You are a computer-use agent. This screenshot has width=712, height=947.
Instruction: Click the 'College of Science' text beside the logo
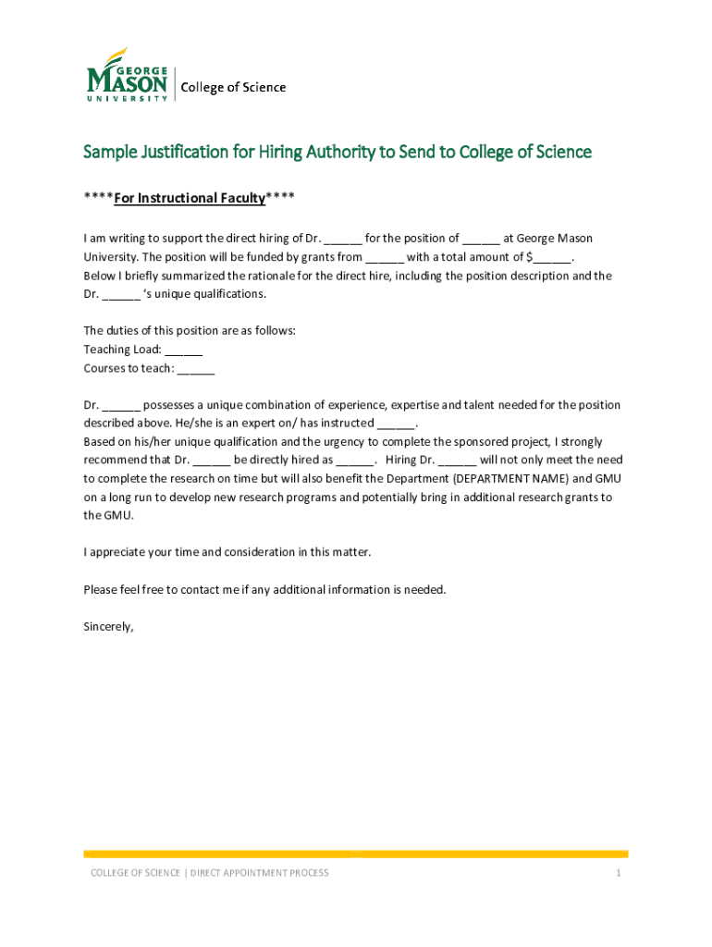tap(233, 88)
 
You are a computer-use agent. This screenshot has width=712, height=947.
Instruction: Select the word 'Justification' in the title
tap(184, 152)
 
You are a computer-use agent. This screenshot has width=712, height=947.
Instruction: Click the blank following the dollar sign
tap(551, 258)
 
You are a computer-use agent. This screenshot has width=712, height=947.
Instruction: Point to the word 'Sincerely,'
tap(108, 626)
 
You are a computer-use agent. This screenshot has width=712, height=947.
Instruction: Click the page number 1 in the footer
tap(618, 873)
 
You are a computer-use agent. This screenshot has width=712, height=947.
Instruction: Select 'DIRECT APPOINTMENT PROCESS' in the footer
tap(259, 873)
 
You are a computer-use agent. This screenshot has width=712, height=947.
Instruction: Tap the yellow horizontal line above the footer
tap(355, 854)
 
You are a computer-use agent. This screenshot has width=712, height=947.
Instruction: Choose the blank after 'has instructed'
tap(397, 424)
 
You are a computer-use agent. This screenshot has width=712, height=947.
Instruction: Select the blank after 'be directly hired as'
tap(355, 461)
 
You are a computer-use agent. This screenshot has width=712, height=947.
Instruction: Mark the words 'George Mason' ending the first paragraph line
tap(556, 240)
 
